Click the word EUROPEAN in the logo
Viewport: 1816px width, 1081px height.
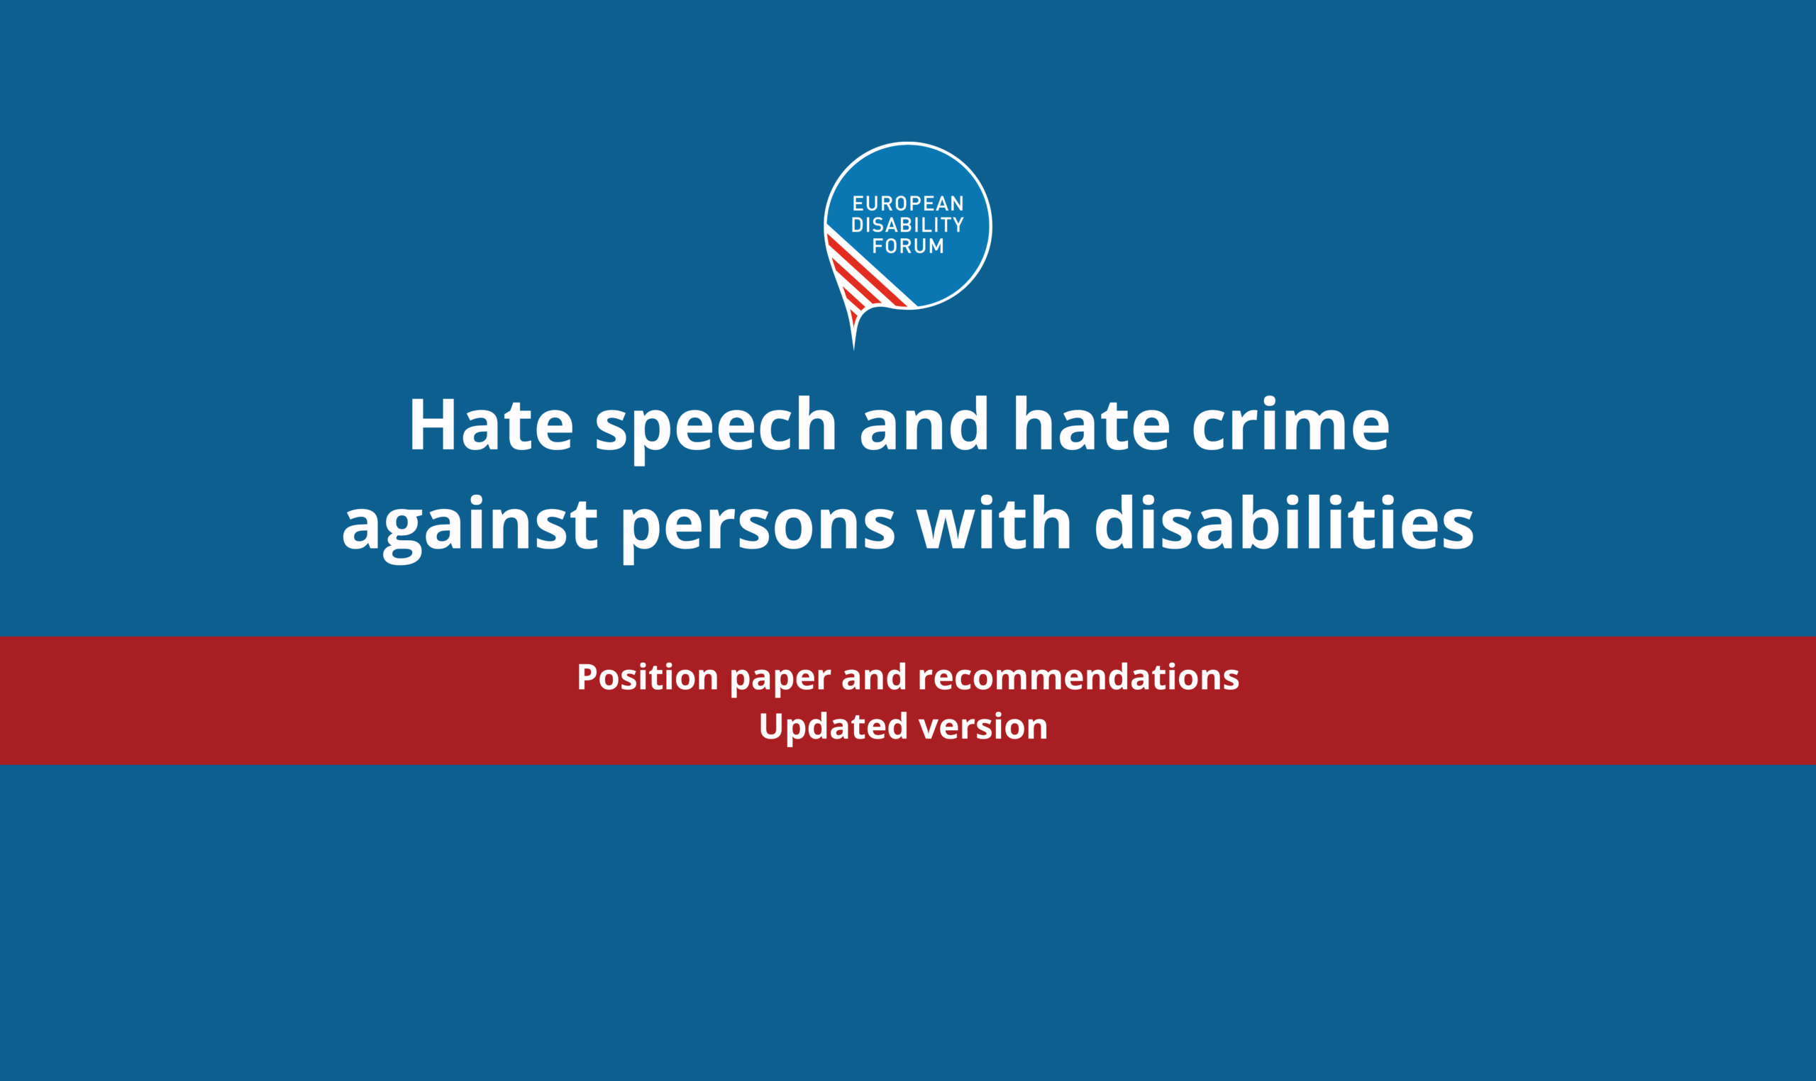(x=908, y=203)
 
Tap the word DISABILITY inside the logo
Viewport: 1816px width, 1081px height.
(x=908, y=225)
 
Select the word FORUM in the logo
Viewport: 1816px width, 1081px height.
(x=908, y=246)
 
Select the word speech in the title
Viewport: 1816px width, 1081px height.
(x=716, y=430)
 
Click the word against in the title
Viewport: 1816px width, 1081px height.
(x=470, y=528)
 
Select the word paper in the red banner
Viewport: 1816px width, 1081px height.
(x=780, y=681)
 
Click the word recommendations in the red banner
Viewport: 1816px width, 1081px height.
(x=1078, y=677)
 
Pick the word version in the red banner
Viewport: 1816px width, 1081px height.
(x=984, y=727)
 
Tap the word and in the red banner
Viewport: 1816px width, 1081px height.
(x=875, y=677)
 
